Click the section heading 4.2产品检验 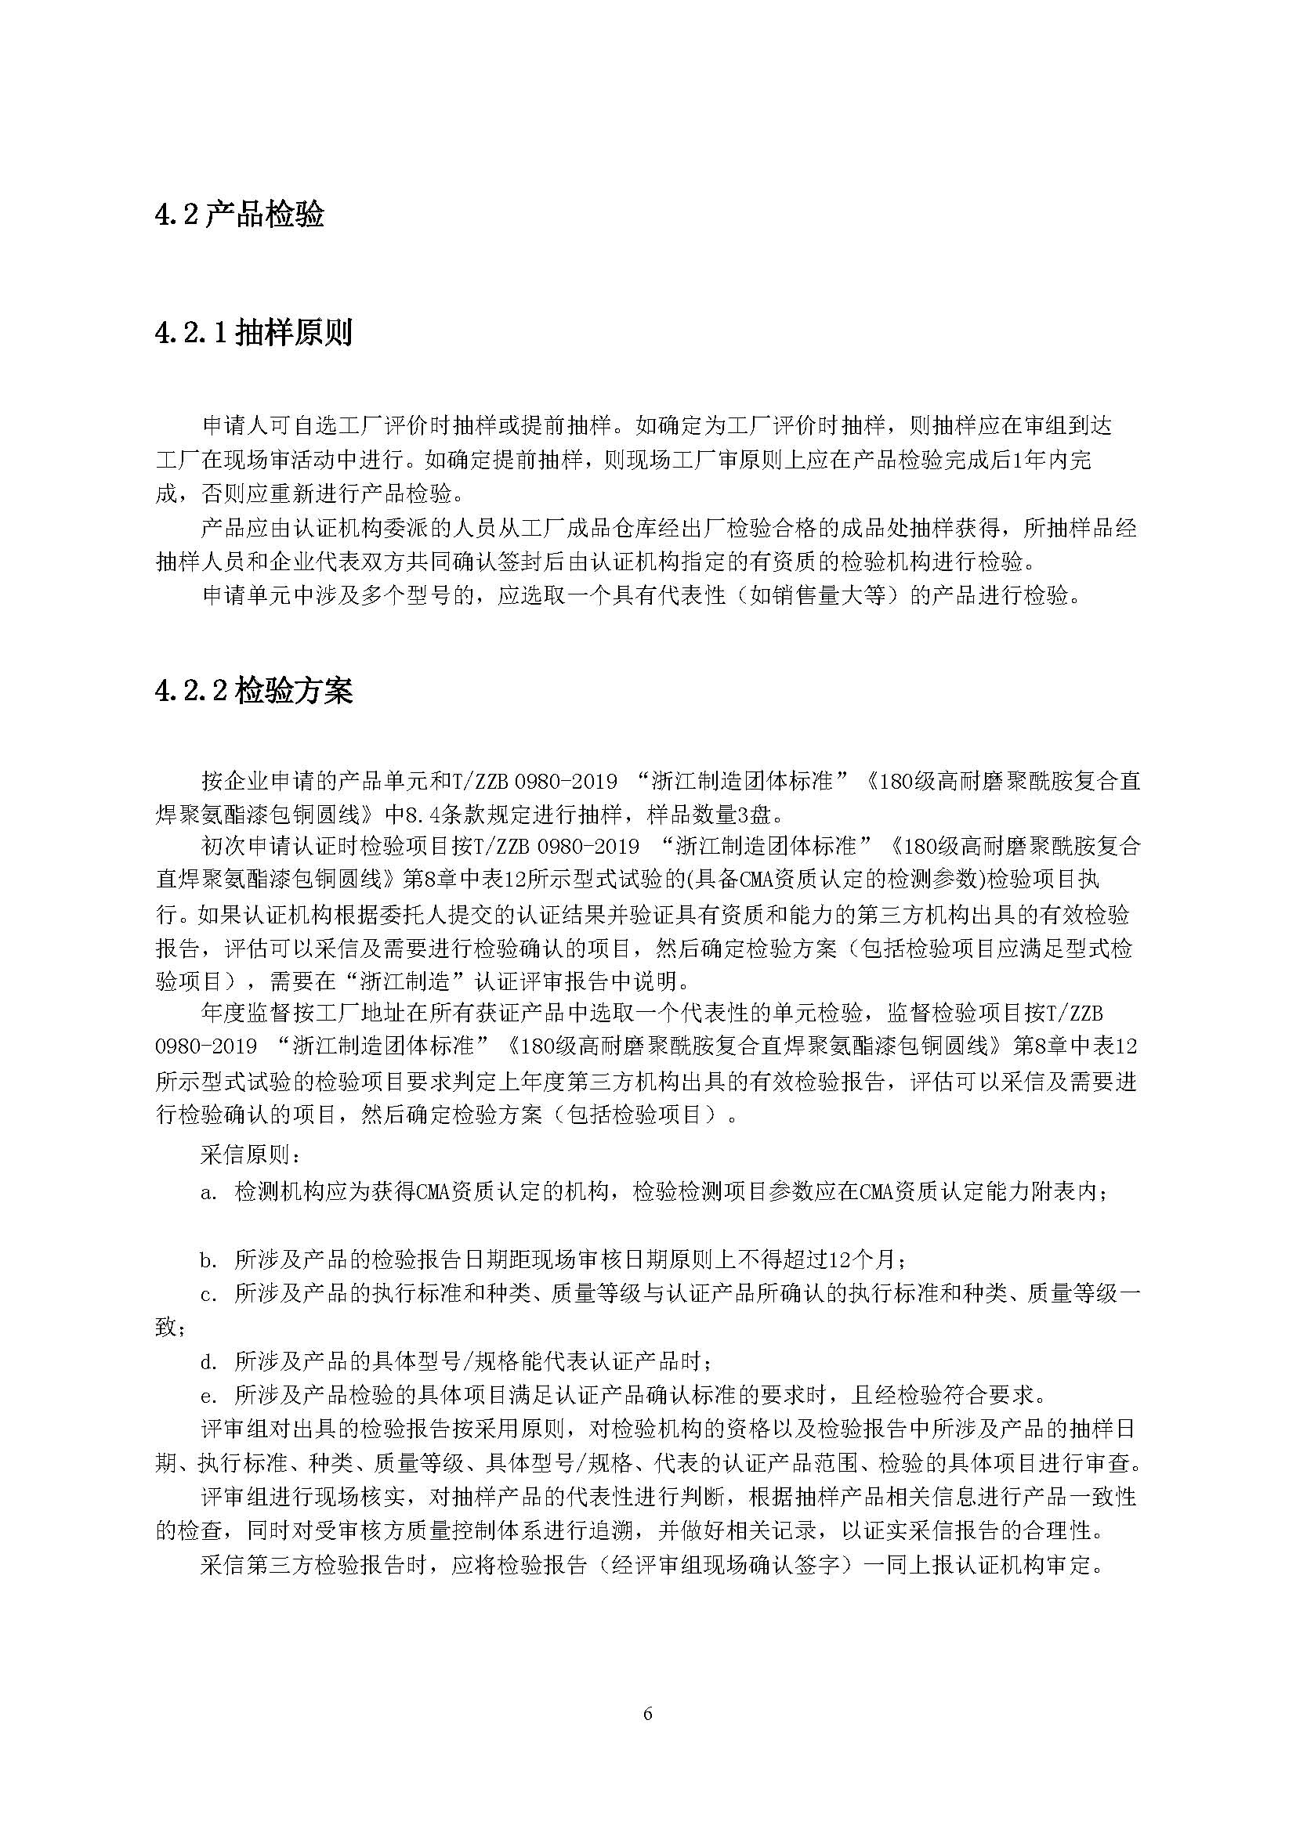pos(240,215)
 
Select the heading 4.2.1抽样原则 pos(254,333)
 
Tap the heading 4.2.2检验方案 pos(254,691)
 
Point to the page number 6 pos(648,1713)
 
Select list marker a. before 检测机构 pos(209,1193)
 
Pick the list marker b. pos(209,1261)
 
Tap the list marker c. pos(209,1294)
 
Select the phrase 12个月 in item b pos(863,1261)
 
